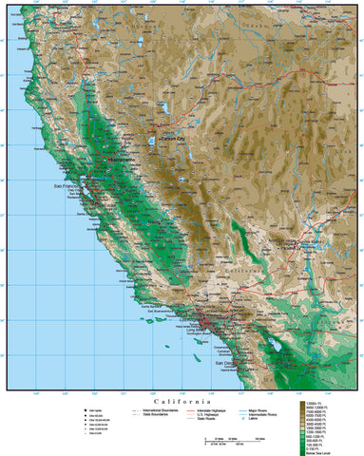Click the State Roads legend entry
pos(191,420)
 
